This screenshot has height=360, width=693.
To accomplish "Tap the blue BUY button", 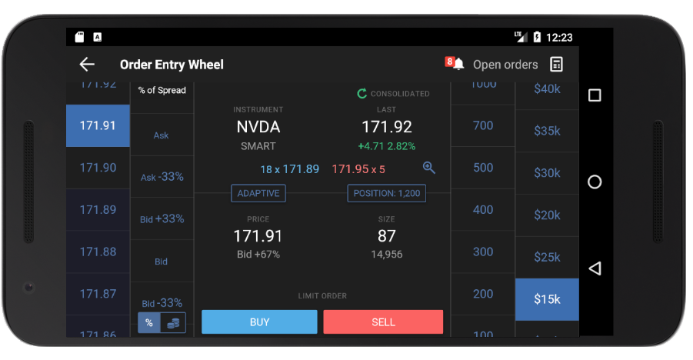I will [x=259, y=322].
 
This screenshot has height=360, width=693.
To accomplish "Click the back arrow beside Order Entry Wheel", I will [x=87, y=65].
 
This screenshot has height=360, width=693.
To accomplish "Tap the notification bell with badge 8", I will [x=458, y=64].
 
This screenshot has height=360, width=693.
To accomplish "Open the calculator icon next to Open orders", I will [x=557, y=65].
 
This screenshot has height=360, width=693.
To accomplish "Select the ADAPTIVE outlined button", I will [x=258, y=193].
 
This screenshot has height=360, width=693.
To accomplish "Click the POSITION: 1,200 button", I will [x=386, y=193].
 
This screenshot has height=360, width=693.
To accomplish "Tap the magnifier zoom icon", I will [x=429, y=168].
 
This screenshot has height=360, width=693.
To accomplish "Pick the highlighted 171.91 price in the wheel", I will [x=98, y=125].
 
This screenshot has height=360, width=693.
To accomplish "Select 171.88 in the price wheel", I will [x=98, y=252].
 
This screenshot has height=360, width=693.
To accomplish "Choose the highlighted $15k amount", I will [x=547, y=299].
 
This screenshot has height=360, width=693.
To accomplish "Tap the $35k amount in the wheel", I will [x=547, y=131].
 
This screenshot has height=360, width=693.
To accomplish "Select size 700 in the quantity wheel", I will [x=483, y=125].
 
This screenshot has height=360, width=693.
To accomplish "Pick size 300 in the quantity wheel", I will [x=483, y=252].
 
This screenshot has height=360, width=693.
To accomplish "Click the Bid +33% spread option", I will [x=162, y=219].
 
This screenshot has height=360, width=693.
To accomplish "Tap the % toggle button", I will [x=149, y=323].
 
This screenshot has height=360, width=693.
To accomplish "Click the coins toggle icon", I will [x=173, y=323].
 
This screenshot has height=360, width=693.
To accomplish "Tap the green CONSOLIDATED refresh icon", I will [x=361, y=94].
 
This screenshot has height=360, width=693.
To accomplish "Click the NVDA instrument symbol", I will [x=258, y=127].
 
